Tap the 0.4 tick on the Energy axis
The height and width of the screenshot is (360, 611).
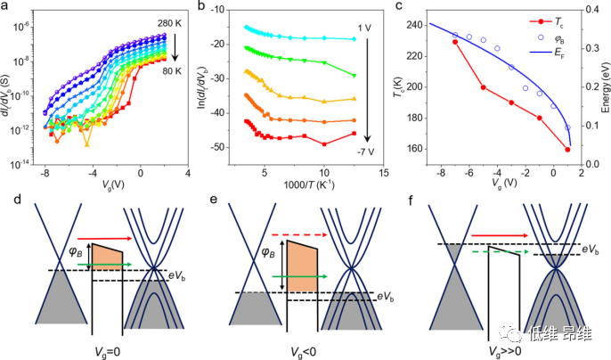[582, 13]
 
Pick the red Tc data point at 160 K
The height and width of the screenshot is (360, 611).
[566, 149]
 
